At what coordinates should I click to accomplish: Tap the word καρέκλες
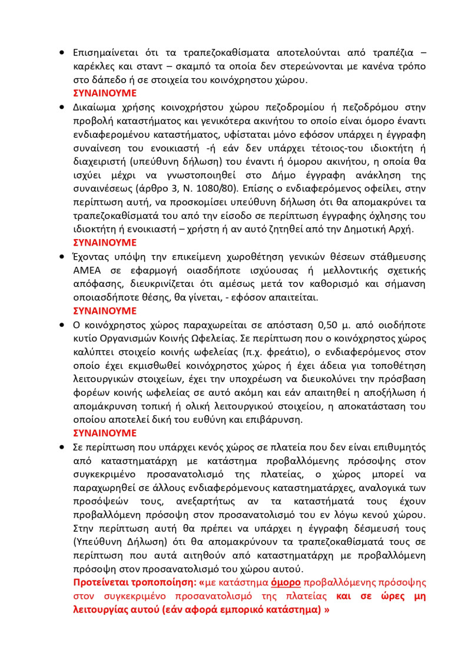click(94, 66)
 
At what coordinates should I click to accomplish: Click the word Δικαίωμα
click(95, 107)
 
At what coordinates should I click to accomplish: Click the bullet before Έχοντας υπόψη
click(62, 257)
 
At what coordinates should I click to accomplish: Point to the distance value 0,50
click(329, 324)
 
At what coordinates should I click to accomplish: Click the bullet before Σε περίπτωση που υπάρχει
click(62, 447)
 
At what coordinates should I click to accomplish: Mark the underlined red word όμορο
click(286, 582)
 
